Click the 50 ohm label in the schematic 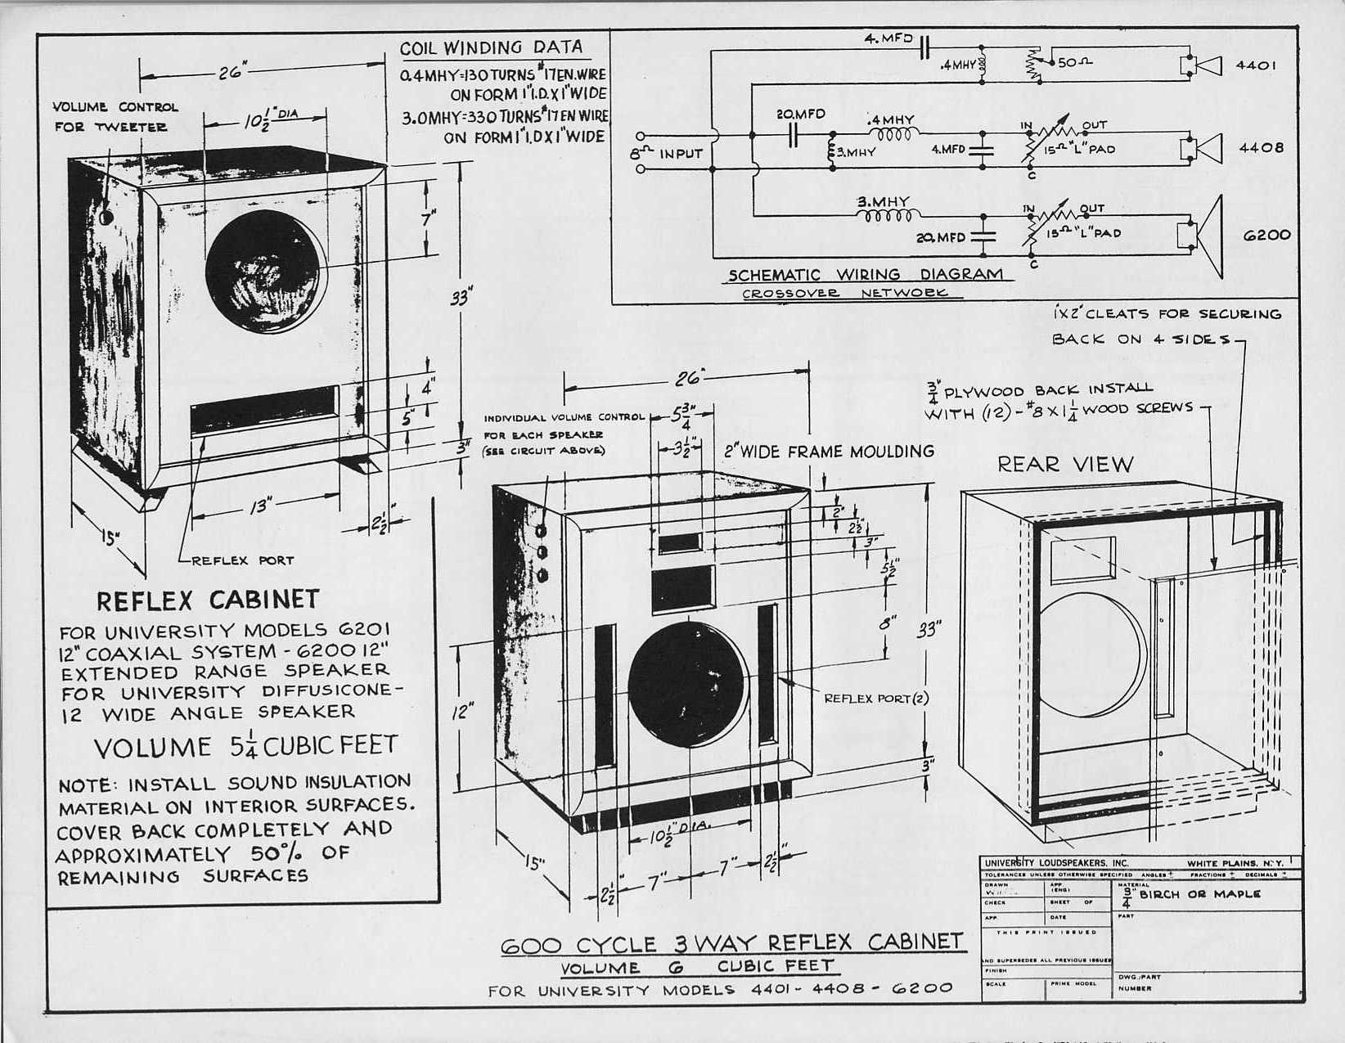1075,62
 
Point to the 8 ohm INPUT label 667,153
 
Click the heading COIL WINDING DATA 491,48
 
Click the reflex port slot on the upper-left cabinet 264,410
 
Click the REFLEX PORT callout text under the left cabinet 242,560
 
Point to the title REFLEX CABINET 208,600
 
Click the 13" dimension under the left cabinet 259,507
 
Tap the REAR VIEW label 1065,465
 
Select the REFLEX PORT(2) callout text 876,698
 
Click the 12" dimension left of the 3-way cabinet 462,712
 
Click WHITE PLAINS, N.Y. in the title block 1235,863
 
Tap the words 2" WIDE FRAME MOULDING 829,451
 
